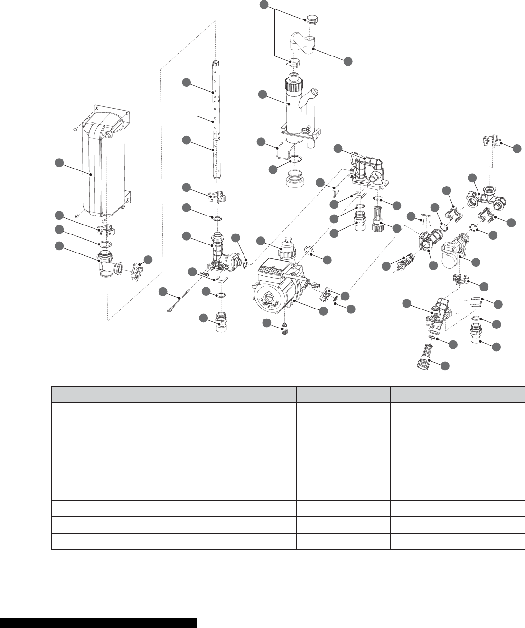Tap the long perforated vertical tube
coord(216,119)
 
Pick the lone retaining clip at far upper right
coord(491,141)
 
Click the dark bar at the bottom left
coord(98,622)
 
